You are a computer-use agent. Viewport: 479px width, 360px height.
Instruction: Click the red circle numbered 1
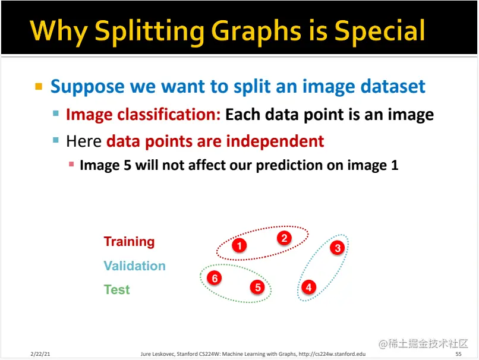(x=239, y=245)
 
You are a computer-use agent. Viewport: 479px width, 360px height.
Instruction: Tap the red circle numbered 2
(x=284, y=238)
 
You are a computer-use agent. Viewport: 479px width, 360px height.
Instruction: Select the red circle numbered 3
(x=337, y=248)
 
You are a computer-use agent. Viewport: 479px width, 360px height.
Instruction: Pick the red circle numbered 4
(x=308, y=287)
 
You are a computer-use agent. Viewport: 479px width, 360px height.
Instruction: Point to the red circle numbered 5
(x=257, y=287)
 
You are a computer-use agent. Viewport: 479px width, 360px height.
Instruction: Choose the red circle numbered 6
(x=215, y=278)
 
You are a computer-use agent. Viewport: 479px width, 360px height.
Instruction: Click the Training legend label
(x=129, y=241)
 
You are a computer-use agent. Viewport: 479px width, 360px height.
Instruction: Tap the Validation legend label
(x=134, y=266)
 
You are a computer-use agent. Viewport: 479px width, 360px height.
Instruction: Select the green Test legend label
(x=116, y=289)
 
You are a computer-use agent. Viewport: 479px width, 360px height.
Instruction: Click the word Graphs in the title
(x=256, y=31)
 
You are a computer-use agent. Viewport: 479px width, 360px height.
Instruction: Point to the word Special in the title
(x=379, y=31)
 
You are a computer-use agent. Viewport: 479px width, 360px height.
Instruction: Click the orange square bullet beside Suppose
(x=39, y=86)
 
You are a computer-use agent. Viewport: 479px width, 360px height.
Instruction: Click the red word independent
(x=275, y=141)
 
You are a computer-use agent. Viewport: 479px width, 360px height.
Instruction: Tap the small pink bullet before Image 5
(x=71, y=165)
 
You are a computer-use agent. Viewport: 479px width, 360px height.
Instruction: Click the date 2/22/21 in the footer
(x=40, y=354)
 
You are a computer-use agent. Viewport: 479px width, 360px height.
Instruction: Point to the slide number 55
(x=458, y=354)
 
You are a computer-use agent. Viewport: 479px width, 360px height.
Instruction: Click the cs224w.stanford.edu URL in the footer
(x=332, y=354)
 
